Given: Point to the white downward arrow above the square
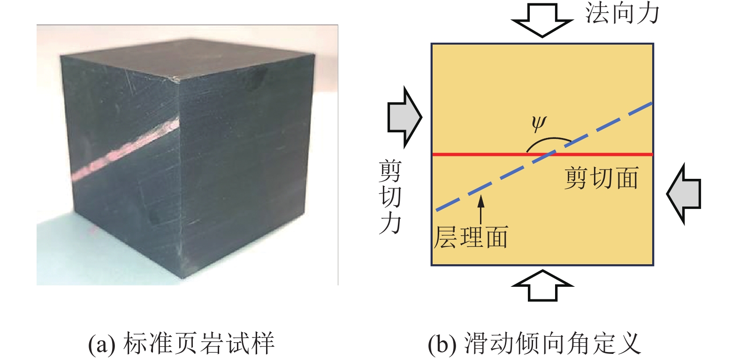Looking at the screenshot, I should pos(542,20).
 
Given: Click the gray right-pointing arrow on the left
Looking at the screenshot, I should pos(405,117).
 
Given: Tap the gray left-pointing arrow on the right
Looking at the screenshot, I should pos(684,193).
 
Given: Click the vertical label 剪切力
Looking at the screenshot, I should pos(390,197).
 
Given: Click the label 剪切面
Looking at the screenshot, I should pos(601,178).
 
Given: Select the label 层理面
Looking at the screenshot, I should pos(471,237).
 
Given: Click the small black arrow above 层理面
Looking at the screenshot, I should pos(480,209).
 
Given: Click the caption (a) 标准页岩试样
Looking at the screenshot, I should pos(181,344).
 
